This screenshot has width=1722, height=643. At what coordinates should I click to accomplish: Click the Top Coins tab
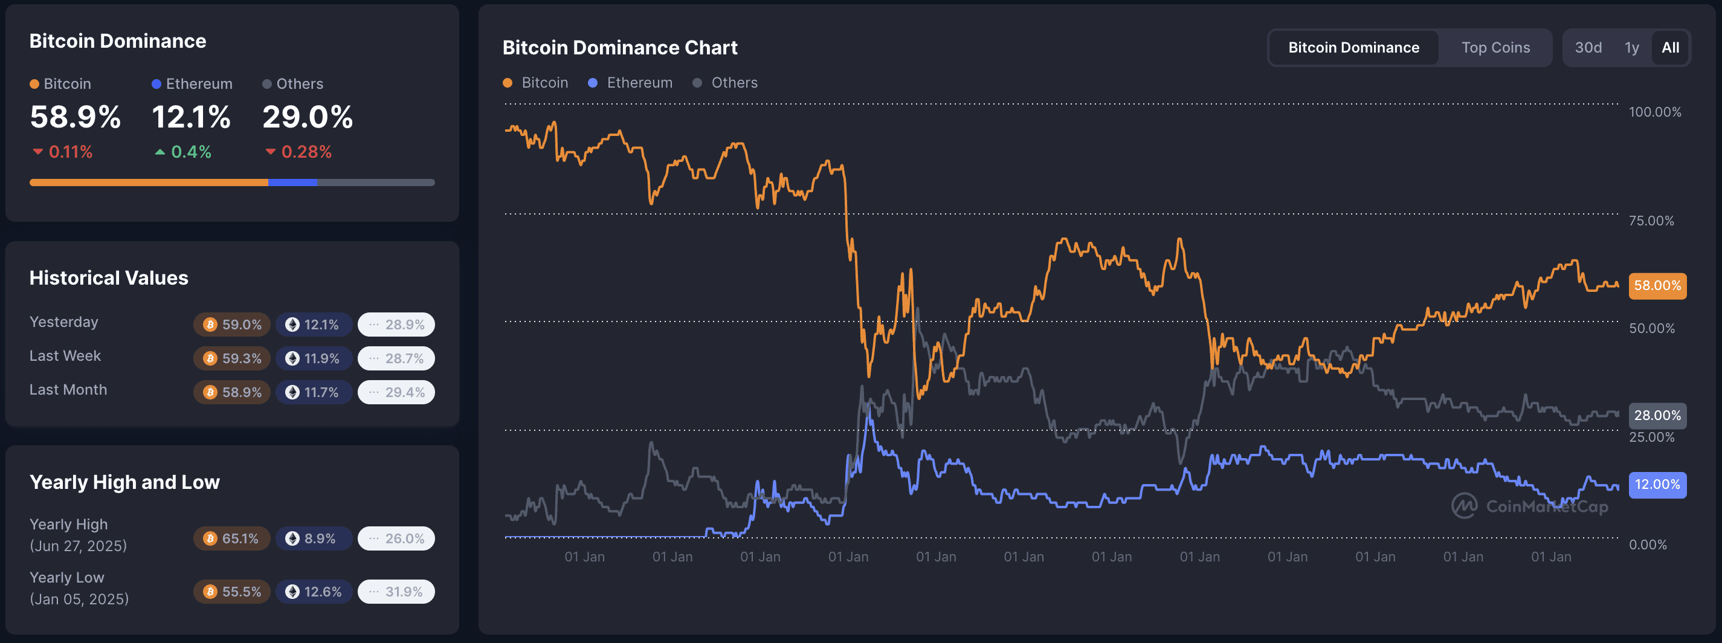pyautogui.click(x=1495, y=48)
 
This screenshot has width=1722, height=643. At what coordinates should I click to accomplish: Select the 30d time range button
pyautogui.click(x=1588, y=48)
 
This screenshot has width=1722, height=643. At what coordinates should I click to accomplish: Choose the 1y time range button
pyautogui.click(x=1632, y=48)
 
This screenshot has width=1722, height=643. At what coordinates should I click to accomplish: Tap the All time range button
pyautogui.click(x=1670, y=48)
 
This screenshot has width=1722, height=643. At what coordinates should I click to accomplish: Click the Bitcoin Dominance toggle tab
pyautogui.click(x=1353, y=48)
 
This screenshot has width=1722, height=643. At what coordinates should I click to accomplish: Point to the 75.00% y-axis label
pyautogui.click(x=1651, y=221)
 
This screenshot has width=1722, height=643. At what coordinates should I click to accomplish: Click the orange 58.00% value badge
pyautogui.click(x=1657, y=285)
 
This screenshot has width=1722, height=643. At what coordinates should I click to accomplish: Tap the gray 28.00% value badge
pyautogui.click(x=1657, y=415)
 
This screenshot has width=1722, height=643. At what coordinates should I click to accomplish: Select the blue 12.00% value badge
pyautogui.click(x=1657, y=484)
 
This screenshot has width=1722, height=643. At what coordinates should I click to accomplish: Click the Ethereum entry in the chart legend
pyautogui.click(x=639, y=83)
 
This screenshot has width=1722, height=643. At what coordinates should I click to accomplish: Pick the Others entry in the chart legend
pyautogui.click(x=734, y=83)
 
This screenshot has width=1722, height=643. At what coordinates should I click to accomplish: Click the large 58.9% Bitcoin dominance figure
pyautogui.click(x=76, y=117)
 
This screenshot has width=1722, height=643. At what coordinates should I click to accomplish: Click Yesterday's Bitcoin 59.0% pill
pyautogui.click(x=232, y=324)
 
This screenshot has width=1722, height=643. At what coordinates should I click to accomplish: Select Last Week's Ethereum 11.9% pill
pyautogui.click(x=314, y=358)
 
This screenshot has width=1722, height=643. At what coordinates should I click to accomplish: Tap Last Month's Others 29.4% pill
pyautogui.click(x=396, y=392)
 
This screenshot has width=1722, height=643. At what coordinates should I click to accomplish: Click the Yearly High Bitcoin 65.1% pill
pyautogui.click(x=232, y=538)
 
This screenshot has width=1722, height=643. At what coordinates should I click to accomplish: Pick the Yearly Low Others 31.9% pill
pyautogui.click(x=396, y=592)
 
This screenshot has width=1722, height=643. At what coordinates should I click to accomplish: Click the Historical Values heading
pyautogui.click(x=109, y=277)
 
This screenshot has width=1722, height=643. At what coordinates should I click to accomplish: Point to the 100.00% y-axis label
pyautogui.click(x=1654, y=112)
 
